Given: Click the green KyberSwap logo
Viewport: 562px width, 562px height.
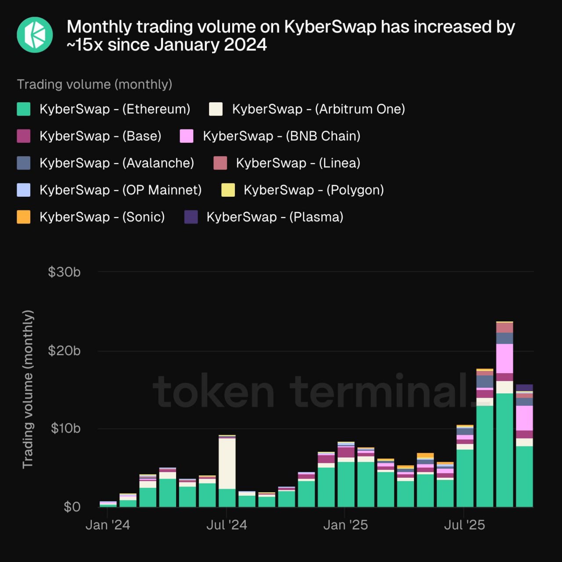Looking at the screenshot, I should point(35,35).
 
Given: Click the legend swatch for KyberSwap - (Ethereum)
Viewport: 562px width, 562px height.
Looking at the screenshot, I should point(24,109).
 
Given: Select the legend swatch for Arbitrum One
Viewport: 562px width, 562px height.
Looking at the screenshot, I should point(216,109).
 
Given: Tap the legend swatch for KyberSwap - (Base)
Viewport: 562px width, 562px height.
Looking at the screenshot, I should point(24,136).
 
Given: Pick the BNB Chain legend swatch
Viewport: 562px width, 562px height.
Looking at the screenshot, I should point(187,136).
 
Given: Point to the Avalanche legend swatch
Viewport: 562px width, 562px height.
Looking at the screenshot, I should point(24,163).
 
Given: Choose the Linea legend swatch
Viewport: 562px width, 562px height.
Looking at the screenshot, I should point(220,163).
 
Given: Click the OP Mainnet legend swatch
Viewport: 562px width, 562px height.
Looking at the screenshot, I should point(24,190).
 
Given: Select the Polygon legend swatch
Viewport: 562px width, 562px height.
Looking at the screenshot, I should point(228,190).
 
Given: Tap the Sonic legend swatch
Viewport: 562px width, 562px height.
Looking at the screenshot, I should point(24,217).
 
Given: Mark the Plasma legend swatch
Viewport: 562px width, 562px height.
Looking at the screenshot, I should point(191,217).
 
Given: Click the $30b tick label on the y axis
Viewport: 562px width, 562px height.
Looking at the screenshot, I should point(64,272).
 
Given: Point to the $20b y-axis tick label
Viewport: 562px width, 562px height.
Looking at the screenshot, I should point(64,351).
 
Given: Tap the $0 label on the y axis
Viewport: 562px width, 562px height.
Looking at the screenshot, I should point(72,507).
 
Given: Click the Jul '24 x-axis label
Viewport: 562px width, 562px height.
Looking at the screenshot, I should point(227,525).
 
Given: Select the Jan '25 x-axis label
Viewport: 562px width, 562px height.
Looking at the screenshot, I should point(346,525).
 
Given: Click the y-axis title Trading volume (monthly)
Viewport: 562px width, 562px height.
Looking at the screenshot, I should point(28,389).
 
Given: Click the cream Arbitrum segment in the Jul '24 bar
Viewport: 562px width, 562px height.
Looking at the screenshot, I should point(227,463).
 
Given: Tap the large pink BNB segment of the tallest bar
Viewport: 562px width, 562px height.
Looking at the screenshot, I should point(504,358).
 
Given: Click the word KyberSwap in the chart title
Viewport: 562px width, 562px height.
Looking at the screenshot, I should point(330,27).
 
